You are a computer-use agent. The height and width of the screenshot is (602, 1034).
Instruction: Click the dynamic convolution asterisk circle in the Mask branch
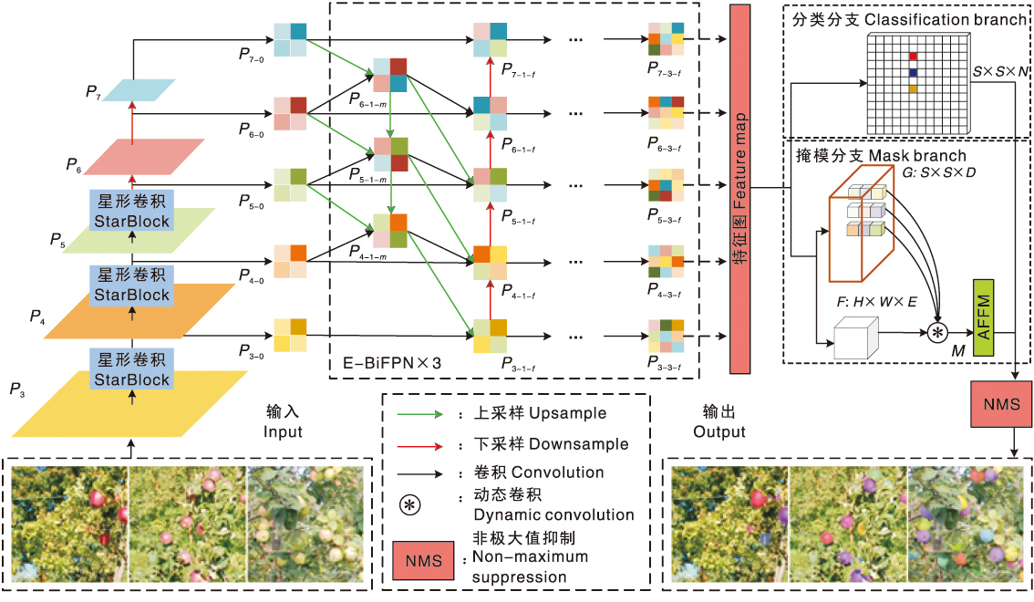(x=937, y=334)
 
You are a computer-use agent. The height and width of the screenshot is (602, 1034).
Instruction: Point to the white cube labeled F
(x=855, y=340)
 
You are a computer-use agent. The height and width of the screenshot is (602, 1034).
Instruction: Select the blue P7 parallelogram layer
(x=138, y=89)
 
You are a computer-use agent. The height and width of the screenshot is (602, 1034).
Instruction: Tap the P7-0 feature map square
(x=291, y=40)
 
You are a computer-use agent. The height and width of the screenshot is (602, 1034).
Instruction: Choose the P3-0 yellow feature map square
(x=291, y=334)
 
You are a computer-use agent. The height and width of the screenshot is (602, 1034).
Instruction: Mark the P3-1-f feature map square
(x=490, y=335)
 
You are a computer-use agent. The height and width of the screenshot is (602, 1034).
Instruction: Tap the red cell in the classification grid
(x=912, y=57)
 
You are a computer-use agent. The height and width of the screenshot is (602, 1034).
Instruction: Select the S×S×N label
(x=1000, y=69)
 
